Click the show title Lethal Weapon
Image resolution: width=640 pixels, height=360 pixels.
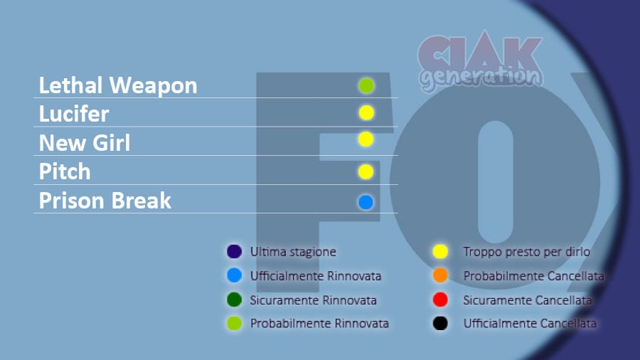pos(118,85)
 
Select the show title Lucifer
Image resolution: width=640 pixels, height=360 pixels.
pos(74,114)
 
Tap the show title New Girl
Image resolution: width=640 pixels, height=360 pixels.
pos(85,143)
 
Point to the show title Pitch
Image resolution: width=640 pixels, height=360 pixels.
pos(65,171)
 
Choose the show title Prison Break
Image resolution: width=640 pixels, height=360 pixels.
pos(105,201)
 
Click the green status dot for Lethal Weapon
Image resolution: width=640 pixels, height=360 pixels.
pos(366,85)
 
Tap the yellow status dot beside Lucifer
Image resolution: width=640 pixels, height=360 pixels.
pos(366,112)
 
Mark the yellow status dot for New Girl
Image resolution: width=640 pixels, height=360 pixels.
pos(366,139)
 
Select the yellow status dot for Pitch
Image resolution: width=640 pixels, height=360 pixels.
pos(366,172)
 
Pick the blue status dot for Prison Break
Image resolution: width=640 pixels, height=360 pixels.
pos(366,202)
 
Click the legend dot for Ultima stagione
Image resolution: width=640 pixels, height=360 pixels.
pos(234,251)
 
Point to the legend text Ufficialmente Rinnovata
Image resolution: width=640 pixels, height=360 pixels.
pos(316,276)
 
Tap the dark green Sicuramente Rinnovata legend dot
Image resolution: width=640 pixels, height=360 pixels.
pos(234,300)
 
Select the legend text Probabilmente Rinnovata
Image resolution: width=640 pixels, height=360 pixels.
pos(319,324)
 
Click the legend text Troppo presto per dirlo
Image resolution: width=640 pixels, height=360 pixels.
pos(526,252)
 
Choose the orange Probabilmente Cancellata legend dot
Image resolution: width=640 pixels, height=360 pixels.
pos(440,275)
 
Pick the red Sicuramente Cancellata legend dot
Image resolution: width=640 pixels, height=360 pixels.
pos(440,300)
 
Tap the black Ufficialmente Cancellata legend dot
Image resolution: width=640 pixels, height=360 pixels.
pos(440,323)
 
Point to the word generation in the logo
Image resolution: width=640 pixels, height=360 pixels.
pos(481,78)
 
